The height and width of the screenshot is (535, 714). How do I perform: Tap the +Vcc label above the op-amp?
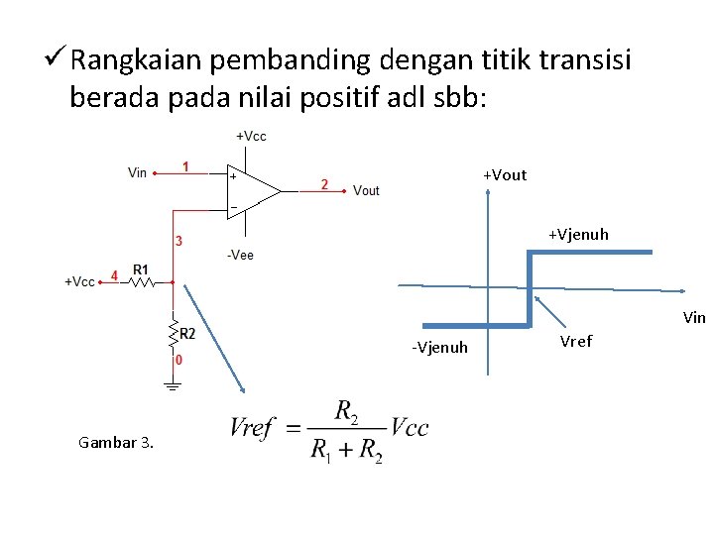[251, 136]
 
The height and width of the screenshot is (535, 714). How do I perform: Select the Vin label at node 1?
[138, 172]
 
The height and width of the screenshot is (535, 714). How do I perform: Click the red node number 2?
[325, 183]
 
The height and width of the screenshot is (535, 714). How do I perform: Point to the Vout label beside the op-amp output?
[366, 190]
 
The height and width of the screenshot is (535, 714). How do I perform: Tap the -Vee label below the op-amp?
[240, 256]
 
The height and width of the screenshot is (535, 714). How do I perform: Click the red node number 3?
[178, 241]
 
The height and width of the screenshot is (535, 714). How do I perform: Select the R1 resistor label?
[140, 269]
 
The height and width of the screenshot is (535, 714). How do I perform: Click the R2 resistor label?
[187, 334]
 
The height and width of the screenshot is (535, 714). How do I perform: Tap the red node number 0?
[178, 362]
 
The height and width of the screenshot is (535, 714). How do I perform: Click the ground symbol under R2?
[173, 386]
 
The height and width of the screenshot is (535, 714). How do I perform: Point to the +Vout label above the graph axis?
[505, 175]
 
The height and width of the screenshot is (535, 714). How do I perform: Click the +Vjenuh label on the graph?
[578, 235]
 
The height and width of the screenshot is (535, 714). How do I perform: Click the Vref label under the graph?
[576, 342]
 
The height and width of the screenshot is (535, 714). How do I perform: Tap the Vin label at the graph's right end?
[694, 318]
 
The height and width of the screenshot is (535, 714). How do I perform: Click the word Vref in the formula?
[252, 428]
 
